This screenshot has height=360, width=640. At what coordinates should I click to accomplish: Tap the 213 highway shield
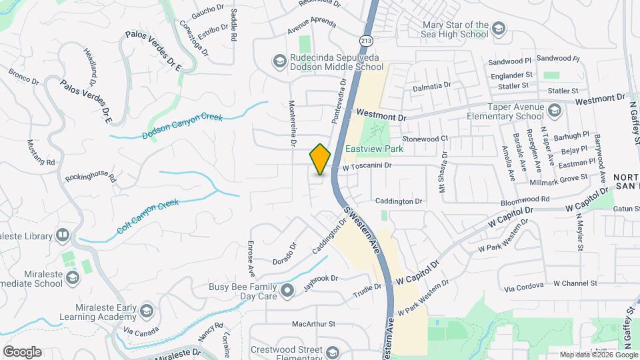(x=367, y=40)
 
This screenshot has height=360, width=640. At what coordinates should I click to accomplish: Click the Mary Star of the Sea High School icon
(x=499, y=29)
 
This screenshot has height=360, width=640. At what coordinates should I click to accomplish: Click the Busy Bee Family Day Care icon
(x=287, y=290)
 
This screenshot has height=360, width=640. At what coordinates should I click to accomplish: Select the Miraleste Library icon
(x=62, y=235)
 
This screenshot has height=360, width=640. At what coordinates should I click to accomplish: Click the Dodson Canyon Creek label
(x=181, y=127)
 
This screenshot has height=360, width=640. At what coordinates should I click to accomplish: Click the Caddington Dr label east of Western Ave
(x=399, y=201)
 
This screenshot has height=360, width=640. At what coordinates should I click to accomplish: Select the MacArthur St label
(x=313, y=324)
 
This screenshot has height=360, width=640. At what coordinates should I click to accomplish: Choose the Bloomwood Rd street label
(x=527, y=199)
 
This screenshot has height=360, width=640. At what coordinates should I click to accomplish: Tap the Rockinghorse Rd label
(x=90, y=179)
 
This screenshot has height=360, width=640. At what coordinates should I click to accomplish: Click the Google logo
(x=22, y=352)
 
